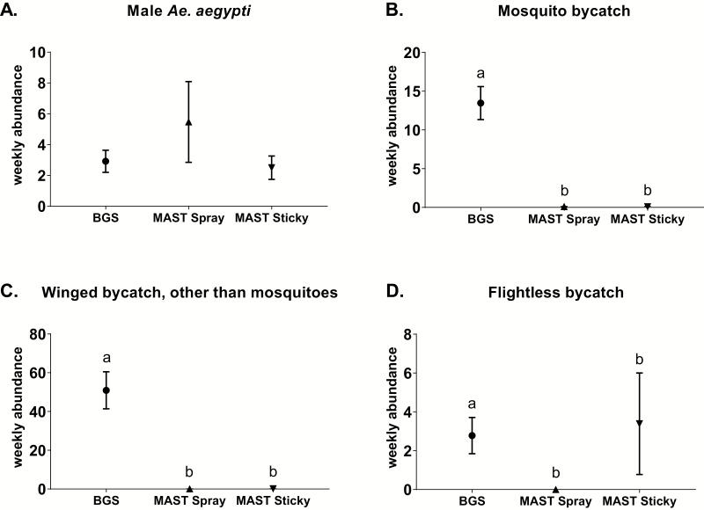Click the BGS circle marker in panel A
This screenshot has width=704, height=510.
point(106,161)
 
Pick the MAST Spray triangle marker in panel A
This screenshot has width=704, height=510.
point(189,122)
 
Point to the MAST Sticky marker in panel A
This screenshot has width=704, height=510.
point(272,167)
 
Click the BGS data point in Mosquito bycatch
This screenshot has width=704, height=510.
point(480,103)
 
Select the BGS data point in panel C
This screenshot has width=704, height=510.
point(106,390)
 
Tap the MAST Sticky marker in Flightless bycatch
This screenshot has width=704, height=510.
point(639,423)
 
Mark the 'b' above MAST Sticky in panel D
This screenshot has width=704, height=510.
point(639,359)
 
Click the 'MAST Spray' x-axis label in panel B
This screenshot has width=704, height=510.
point(563,220)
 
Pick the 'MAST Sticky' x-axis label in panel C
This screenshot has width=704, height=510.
point(272,501)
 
